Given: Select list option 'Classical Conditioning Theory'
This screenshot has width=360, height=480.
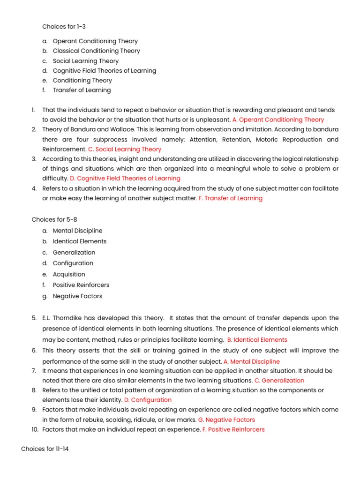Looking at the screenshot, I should [96, 51].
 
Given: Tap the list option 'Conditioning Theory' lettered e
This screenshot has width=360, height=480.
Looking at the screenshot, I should [82, 80].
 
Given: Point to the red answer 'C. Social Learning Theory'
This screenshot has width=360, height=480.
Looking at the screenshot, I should [125, 149].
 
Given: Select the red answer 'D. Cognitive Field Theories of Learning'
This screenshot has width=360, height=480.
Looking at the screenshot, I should [125, 178].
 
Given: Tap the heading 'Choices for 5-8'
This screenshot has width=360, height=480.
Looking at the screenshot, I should [52, 219].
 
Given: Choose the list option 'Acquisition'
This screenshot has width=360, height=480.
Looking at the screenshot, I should [69, 274].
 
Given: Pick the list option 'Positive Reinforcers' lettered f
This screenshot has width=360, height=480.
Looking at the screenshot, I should [81, 285].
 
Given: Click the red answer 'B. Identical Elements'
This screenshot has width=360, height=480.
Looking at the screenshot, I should [257, 340].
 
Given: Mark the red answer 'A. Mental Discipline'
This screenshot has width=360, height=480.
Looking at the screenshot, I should [252, 361].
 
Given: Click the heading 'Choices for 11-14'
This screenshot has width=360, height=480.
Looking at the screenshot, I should [45, 449].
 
